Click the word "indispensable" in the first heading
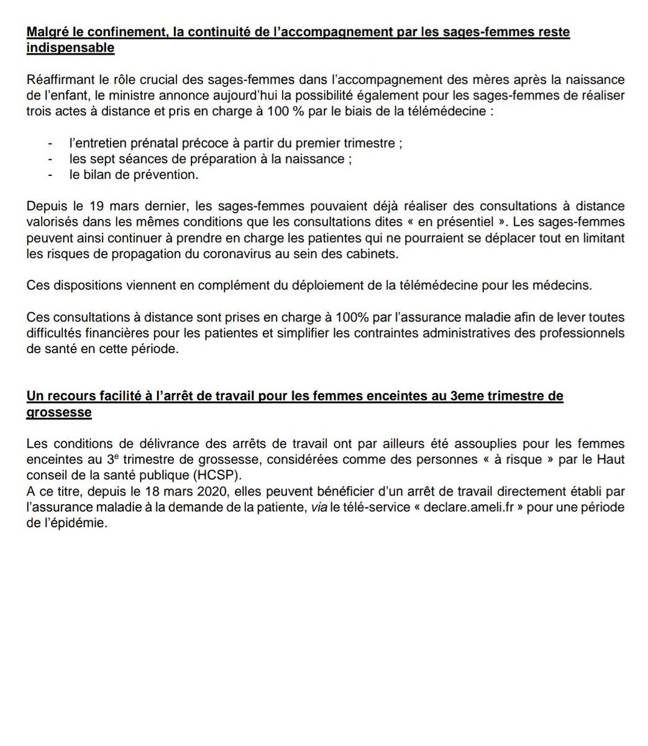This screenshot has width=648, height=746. (x=71, y=48)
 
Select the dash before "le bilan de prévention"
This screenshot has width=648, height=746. (x=50, y=175)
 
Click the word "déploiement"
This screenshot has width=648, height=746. (x=275, y=287)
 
